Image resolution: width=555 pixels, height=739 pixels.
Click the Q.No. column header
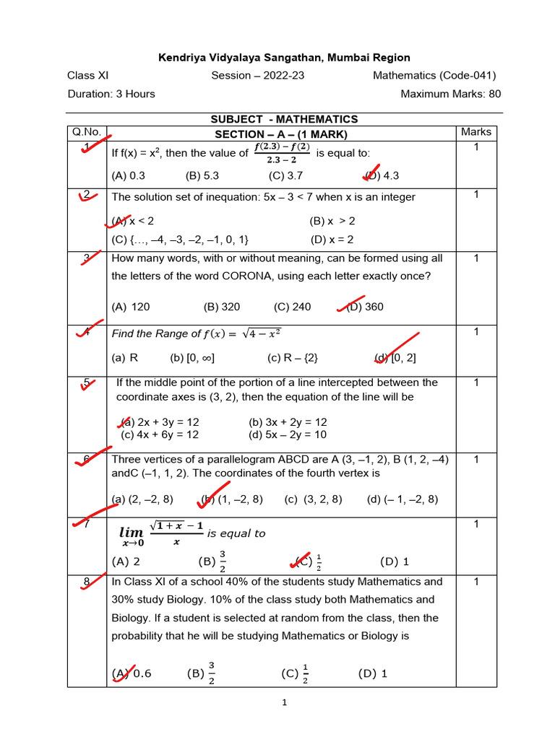(x=87, y=132)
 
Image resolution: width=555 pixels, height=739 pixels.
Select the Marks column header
(x=476, y=131)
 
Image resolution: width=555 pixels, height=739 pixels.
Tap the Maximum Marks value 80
(x=494, y=94)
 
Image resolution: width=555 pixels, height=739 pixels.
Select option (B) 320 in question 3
(x=222, y=307)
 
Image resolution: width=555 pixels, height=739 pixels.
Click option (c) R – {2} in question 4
(x=292, y=357)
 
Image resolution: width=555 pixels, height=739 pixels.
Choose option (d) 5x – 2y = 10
(x=288, y=434)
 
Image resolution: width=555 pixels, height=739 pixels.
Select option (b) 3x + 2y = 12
(x=288, y=422)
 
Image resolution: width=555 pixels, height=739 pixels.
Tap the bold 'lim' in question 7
(x=132, y=533)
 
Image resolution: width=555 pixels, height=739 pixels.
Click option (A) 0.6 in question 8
(x=132, y=673)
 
